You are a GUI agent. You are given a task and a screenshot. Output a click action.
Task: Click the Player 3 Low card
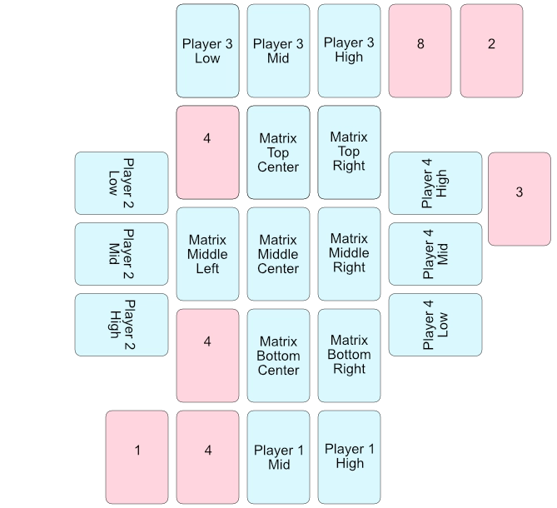tap(207, 51)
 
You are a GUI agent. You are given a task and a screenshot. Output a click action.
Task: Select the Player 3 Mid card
tap(278, 51)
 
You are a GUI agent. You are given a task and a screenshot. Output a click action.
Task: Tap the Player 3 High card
tap(349, 51)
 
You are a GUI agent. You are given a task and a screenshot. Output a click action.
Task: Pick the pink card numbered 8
tap(420, 51)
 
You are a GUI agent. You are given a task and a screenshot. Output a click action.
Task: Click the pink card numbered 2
tap(491, 51)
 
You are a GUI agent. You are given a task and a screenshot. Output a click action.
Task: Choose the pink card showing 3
tap(519, 199)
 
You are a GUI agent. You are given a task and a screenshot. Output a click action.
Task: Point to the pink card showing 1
tap(137, 457)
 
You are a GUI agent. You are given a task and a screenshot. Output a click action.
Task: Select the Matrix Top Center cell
tap(278, 152)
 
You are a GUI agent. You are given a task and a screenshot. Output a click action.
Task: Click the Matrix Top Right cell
tap(349, 152)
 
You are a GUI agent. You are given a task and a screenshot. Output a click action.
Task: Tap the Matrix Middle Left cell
tap(207, 254)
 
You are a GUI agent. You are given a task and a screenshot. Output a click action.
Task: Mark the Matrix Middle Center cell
tap(278, 254)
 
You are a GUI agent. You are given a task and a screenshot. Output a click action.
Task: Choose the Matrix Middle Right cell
tap(349, 254)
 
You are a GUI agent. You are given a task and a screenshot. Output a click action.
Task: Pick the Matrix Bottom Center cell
tap(278, 356)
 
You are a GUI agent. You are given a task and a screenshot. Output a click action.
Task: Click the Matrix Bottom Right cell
tap(349, 356)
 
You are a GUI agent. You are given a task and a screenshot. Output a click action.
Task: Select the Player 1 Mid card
tap(278, 457)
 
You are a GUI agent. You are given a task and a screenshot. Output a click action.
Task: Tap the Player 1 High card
tap(349, 457)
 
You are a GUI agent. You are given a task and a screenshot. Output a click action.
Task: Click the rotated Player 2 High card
tap(122, 325)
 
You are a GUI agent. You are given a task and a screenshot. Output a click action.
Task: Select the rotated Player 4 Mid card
tap(435, 254)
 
